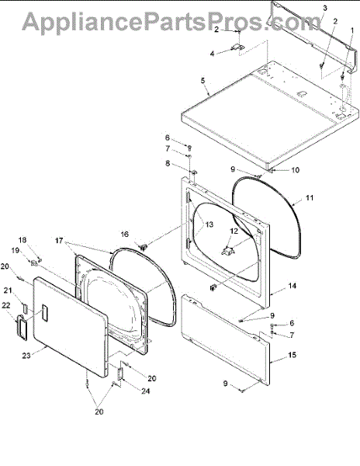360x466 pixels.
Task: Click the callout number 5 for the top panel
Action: pyautogui.click(x=203, y=81)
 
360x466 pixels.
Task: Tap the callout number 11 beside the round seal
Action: pyautogui.click(x=310, y=197)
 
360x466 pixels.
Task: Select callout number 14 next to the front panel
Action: pyautogui.click(x=292, y=286)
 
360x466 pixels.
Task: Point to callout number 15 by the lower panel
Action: pyautogui.click(x=292, y=355)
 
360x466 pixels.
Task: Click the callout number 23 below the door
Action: pyautogui.click(x=26, y=355)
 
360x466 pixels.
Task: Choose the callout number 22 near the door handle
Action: pyautogui.click(x=6, y=305)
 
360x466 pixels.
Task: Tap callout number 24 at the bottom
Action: pyautogui.click(x=145, y=391)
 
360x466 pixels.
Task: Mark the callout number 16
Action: pyautogui.click(x=125, y=235)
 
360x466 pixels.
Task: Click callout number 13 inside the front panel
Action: pyautogui.click(x=209, y=224)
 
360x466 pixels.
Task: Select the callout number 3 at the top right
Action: pyautogui.click(x=325, y=8)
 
